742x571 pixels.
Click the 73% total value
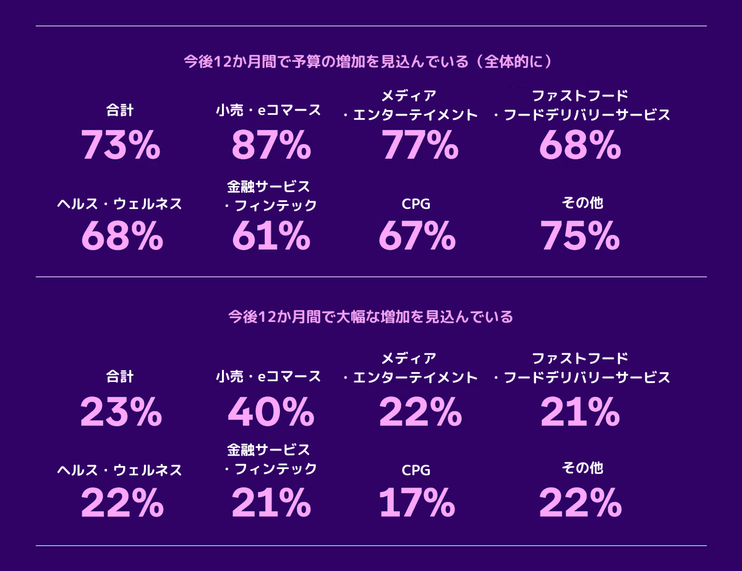tap(121, 146)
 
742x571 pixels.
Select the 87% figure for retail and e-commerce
tap(271, 146)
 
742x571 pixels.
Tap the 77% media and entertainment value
tap(420, 146)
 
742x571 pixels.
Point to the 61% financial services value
tap(271, 235)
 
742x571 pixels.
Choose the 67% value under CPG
tap(417, 235)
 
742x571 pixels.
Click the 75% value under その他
tap(580, 235)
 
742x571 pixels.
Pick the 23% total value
tap(121, 412)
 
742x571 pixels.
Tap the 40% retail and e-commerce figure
tap(271, 412)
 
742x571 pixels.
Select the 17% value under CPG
tap(417, 502)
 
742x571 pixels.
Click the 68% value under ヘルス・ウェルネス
tap(122, 235)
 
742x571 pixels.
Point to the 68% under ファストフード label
tap(580, 146)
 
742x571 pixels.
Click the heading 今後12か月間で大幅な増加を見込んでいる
tap(371, 318)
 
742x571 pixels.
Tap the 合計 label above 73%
tap(120, 111)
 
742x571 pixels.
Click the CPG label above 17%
tap(416, 471)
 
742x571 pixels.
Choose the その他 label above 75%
tap(582, 203)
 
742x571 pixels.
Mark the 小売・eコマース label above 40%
tap(268, 376)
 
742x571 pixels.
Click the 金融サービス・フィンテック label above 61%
tap(270, 196)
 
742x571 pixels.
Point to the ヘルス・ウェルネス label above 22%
tap(119, 471)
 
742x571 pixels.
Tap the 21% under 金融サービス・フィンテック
tap(271, 502)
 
